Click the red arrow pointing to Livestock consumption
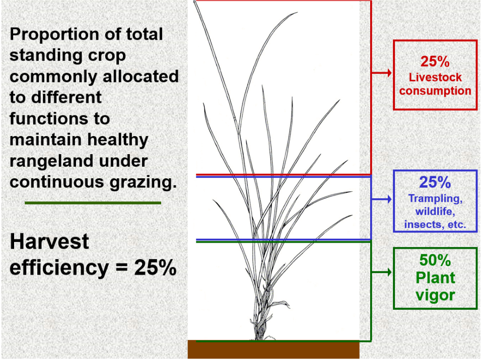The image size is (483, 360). (381, 73)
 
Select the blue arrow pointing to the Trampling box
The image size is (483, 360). (381, 199)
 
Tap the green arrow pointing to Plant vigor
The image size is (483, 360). (381, 272)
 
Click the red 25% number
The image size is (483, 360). (435, 61)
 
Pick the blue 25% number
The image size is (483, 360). (435, 182)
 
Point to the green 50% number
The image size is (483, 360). (435, 260)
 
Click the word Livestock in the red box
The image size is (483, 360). (435, 78)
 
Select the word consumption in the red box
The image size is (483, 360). (435, 91)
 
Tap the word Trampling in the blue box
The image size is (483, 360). (435, 199)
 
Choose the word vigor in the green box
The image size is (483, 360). (435, 296)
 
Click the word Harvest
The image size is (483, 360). (49, 242)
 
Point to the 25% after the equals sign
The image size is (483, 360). (155, 267)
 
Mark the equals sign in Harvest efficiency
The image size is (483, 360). (121, 267)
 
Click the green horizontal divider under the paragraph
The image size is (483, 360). (93, 203)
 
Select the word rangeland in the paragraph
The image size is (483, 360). (79, 161)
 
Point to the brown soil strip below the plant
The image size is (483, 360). (273, 349)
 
